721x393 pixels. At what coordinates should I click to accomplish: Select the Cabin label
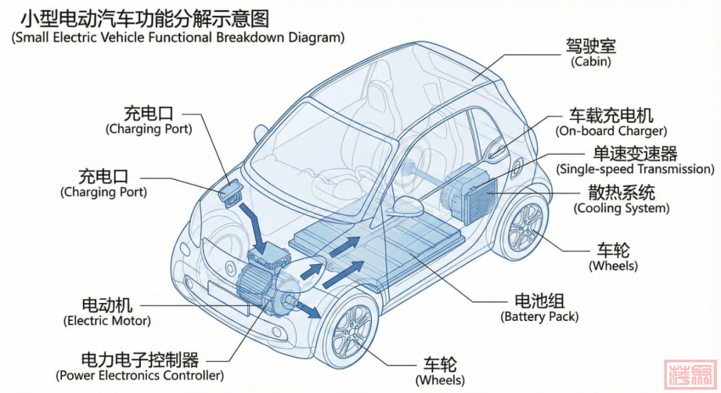coord(590,53)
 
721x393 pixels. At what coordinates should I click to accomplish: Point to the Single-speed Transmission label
coord(635,161)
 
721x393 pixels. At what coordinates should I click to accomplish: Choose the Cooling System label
coord(622,200)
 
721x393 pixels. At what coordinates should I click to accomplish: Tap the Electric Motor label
coord(107,312)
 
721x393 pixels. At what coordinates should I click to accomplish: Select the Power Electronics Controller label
coord(140,367)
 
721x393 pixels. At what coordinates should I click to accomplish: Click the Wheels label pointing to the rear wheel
coord(613,258)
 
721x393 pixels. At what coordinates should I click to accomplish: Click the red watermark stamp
coord(690,374)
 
